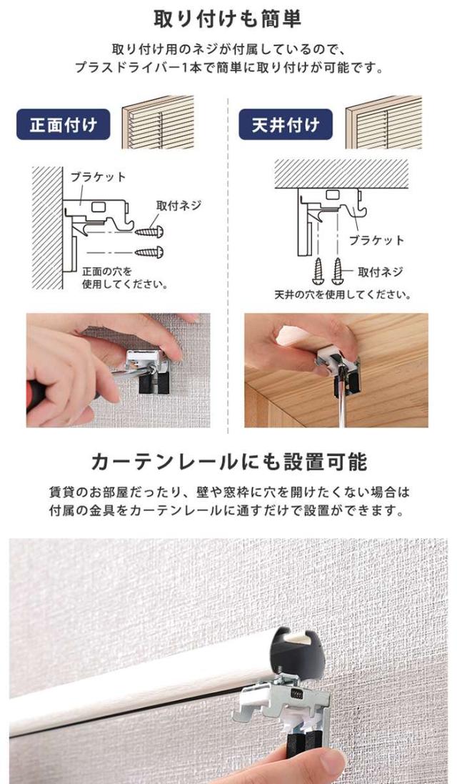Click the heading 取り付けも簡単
coord(228,17)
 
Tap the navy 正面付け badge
coord(64,126)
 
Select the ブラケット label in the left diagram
coord(98,177)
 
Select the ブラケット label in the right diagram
coord(376,240)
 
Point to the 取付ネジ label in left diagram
coord(179,206)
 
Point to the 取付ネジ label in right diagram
coord(380,272)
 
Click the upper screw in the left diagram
coord(152,232)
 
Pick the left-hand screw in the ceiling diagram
coord(319,269)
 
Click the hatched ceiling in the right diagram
coord(341,171)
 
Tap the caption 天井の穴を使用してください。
coord(342,294)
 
